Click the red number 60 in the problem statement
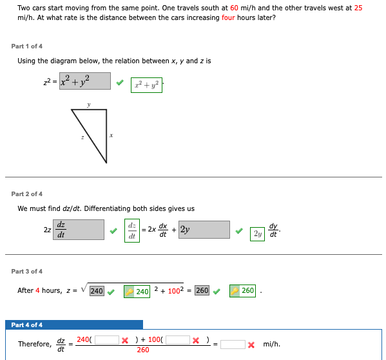(235, 8)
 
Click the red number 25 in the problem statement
(358, 8)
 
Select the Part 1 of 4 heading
(27, 46)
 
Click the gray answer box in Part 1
(84, 81)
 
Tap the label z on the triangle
(82, 137)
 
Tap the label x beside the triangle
(111, 135)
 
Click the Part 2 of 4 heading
(27, 194)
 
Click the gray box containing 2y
(204, 229)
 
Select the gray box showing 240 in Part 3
(97, 290)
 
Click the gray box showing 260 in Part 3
(202, 290)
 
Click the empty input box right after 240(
(107, 339)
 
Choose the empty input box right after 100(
(178, 339)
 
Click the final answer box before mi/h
(233, 344)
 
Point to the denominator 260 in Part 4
(143, 350)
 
